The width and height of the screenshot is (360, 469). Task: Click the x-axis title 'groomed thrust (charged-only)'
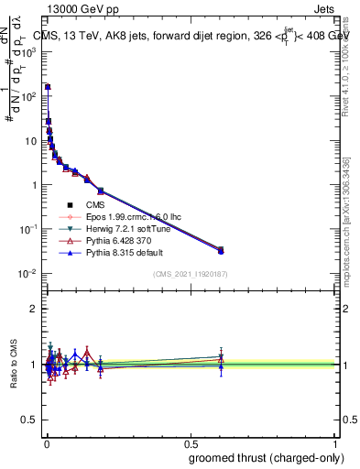pyautogui.click(x=262, y=458)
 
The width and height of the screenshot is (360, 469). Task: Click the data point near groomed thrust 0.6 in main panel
pyautogui.click(x=221, y=249)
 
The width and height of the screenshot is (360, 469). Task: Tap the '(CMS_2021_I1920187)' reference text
pyautogui.click(x=191, y=274)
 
